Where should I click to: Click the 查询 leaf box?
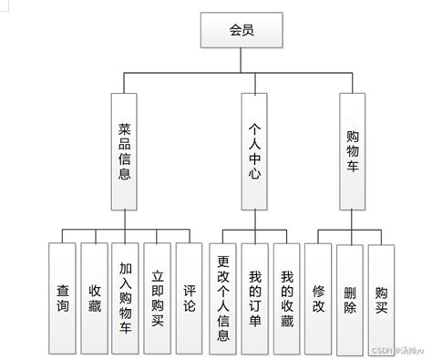tap(62, 298)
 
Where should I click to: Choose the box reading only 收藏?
tap(94, 298)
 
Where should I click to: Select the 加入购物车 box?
tap(126, 298)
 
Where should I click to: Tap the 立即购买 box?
tap(158, 298)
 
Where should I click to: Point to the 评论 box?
tap(190, 298)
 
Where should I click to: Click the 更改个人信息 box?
tap(223, 298)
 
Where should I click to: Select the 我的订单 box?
tap(256, 298)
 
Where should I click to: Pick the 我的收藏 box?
tap(288, 298)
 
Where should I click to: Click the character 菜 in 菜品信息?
tap(125, 129)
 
